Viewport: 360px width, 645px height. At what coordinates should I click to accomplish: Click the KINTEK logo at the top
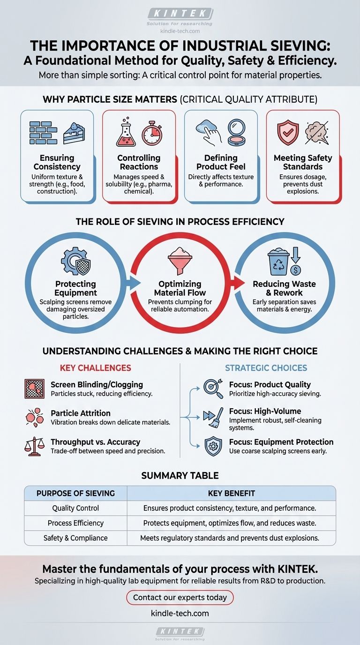coord(180,14)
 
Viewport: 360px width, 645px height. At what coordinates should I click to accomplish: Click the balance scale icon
coord(35,447)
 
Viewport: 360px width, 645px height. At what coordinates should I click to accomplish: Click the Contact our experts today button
coord(180,597)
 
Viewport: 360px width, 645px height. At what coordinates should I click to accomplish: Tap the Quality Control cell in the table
coord(75,508)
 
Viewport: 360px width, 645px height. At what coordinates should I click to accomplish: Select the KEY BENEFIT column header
coord(231,494)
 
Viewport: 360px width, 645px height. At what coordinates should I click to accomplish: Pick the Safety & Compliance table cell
coord(75,538)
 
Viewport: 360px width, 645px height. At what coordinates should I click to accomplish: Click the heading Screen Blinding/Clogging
coord(97,384)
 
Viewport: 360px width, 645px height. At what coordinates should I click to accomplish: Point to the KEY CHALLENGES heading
coord(95,367)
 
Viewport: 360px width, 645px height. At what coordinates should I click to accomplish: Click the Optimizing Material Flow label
coord(180,288)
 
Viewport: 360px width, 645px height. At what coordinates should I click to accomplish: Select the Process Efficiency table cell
coord(75,523)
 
